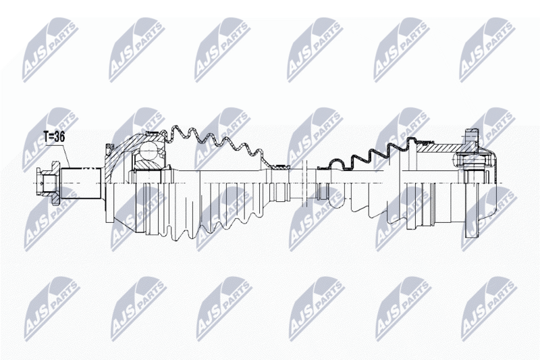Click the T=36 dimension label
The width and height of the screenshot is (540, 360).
pyautogui.click(x=54, y=136)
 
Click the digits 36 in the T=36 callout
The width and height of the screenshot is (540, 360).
pyautogui.click(x=59, y=136)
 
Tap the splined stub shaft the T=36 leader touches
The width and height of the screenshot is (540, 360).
pyautogui.click(x=82, y=183)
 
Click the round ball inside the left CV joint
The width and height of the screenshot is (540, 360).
pyautogui.click(x=148, y=151)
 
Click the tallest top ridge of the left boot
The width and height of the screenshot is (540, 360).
pyautogui.click(x=176, y=128)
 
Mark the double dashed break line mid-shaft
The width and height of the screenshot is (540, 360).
pyautogui.click(x=304, y=183)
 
